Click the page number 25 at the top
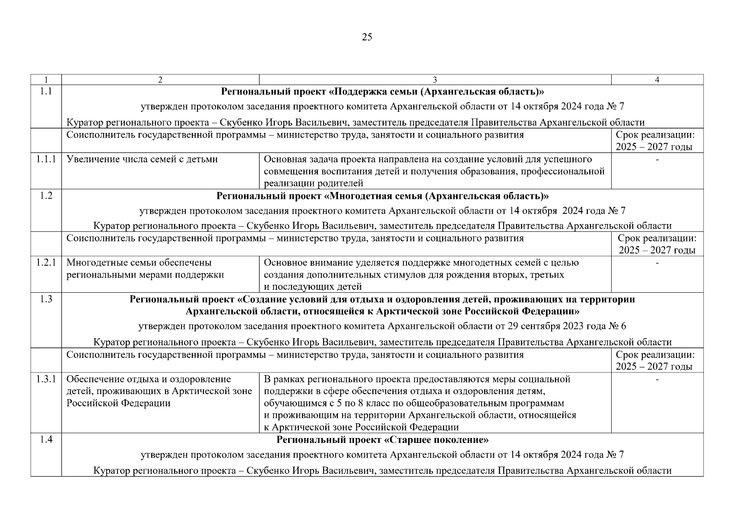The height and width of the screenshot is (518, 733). (x=366, y=37)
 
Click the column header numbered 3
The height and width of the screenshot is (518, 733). (x=435, y=80)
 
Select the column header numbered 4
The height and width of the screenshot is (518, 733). (x=657, y=80)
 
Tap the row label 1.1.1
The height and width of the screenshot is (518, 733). (x=46, y=159)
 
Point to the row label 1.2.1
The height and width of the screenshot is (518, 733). (x=46, y=262)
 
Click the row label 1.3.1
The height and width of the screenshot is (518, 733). (x=46, y=379)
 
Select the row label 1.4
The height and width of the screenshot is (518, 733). (x=46, y=440)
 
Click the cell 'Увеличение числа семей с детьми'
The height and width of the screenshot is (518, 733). (x=142, y=159)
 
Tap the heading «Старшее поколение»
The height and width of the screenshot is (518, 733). (x=382, y=440)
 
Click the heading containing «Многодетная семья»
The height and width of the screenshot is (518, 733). (x=382, y=196)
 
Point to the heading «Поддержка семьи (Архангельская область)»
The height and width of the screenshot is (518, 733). (x=382, y=92)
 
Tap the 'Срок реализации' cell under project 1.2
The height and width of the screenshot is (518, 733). (x=657, y=244)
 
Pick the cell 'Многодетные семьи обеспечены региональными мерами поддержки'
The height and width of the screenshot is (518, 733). (x=145, y=268)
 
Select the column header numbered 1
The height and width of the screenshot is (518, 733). (x=46, y=80)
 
